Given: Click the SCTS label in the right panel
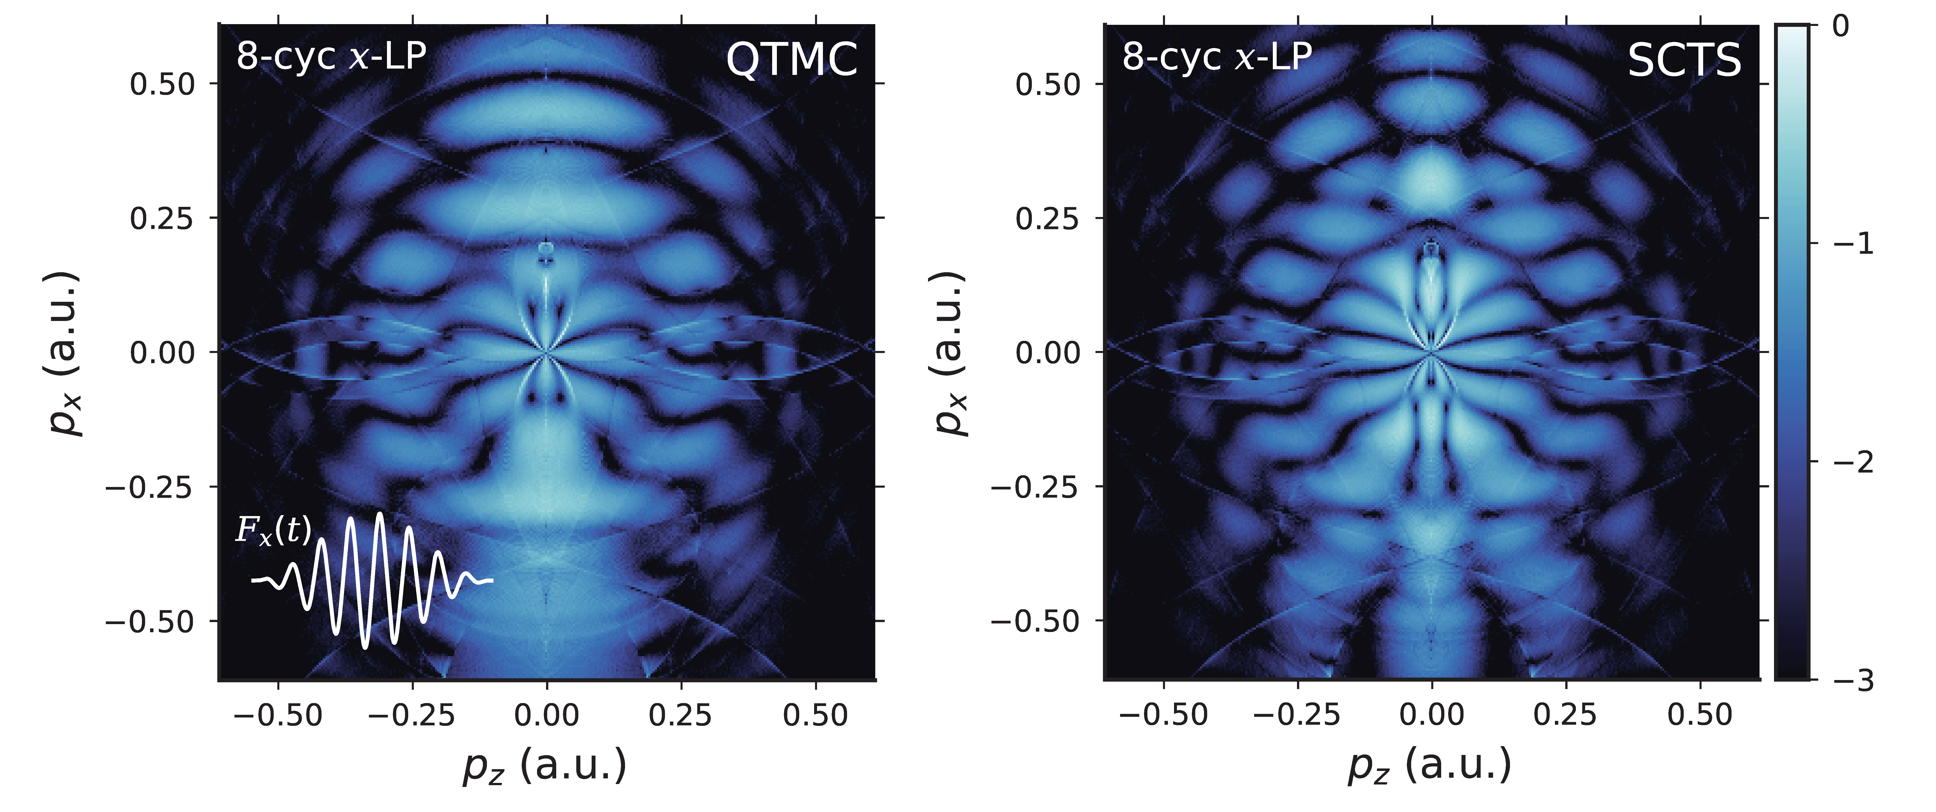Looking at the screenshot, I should pyautogui.click(x=1684, y=60).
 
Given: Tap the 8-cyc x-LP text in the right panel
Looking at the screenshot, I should pyautogui.click(x=1217, y=56).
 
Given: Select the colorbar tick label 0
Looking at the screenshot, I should pyautogui.click(x=1841, y=26).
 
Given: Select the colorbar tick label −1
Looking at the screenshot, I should pyautogui.click(x=1853, y=243).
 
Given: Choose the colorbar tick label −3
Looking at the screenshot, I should pyautogui.click(x=1853, y=681).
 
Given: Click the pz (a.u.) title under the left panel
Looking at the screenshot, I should pyautogui.click(x=545, y=766).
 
